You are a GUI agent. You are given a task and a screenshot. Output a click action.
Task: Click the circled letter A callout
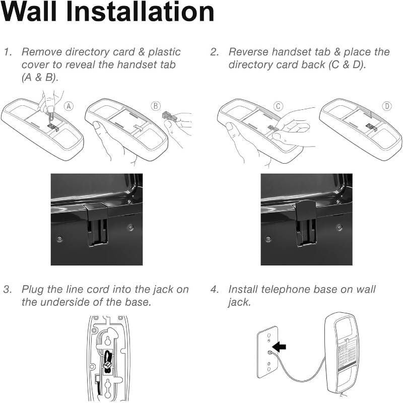69,106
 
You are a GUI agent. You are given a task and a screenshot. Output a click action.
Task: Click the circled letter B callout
156,106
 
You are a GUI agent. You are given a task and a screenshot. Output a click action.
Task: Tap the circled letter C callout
278,106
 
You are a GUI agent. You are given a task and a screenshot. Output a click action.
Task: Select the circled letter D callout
387,106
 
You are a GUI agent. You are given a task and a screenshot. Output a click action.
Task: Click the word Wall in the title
29,12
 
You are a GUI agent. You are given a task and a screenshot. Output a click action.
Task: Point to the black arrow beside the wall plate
279,347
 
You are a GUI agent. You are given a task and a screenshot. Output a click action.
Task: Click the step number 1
8,52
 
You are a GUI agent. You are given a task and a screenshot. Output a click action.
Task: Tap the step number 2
215,52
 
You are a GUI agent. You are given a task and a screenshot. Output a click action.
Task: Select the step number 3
8,289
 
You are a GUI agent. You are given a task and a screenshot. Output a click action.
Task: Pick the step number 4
215,289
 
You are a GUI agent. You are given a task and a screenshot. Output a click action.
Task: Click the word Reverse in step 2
248,52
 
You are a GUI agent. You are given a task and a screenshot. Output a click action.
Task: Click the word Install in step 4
243,289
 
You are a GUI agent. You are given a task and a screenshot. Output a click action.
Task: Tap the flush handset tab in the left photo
97,224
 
